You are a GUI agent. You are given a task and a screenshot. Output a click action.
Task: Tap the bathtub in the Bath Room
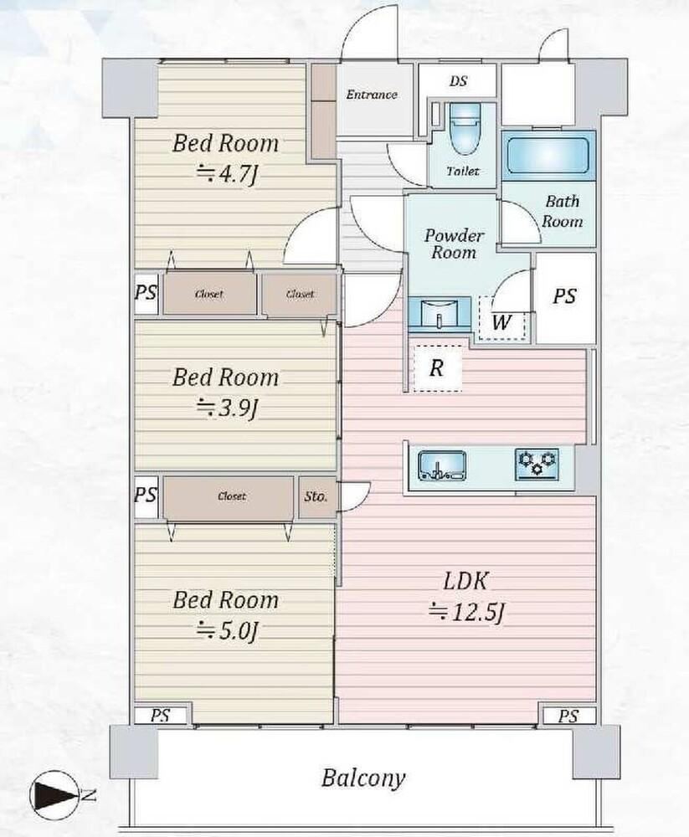point(548,155)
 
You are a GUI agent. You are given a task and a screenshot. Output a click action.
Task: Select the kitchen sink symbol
point(441,465)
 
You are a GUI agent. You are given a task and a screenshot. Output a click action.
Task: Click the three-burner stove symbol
point(537,464)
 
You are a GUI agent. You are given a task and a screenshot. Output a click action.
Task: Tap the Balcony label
point(363,778)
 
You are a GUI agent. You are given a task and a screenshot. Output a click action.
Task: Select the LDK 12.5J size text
point(466,613)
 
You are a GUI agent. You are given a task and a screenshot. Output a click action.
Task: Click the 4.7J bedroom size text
point(228,173)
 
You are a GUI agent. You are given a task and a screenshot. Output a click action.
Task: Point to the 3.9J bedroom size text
point(228,408)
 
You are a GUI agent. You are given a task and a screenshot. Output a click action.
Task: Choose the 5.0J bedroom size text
point(228,631)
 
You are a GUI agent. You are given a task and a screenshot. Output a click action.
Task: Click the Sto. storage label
point(316,496)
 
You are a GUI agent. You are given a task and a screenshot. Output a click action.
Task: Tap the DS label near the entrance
point(458,81)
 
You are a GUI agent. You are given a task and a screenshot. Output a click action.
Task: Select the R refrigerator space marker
point(437,367)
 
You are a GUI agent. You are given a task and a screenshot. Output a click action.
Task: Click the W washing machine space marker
point(501,322)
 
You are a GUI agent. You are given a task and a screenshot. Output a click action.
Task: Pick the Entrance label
point(372,95)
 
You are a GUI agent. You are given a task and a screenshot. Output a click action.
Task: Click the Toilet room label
point(463,172)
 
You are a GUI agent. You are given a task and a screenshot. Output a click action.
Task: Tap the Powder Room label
point(454,244)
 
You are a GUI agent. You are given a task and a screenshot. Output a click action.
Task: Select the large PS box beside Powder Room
point(566,298)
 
